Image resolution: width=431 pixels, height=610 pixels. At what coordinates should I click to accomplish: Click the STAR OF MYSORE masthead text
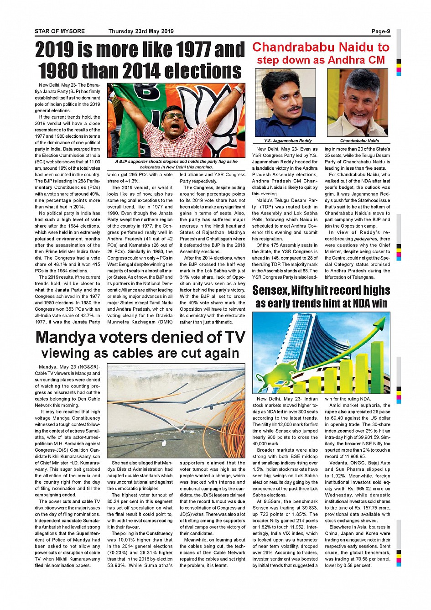click(x=60, y=31)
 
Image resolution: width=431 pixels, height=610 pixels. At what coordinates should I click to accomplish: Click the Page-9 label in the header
click(x=381, y=31)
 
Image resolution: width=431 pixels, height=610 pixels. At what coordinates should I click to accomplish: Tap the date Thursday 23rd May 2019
click(x=141, y=31)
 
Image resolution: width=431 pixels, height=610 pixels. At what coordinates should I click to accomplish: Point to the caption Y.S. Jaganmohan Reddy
click(x=288, y=141)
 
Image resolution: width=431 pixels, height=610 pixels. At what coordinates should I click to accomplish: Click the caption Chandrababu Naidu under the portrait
click(x=359, y=141)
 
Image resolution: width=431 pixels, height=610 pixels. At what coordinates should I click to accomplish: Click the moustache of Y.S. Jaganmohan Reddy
click(x=293, y=109)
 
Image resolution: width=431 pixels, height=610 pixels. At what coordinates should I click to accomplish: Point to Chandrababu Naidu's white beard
click(x=358, y=120)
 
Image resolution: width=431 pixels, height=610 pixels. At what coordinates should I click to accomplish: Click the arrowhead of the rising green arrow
click(x=381, y=325)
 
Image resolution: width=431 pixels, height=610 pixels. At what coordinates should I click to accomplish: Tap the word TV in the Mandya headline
click(x=234, y=337)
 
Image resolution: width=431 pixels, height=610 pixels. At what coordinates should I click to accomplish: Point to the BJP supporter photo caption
click(x=176, y=164)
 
